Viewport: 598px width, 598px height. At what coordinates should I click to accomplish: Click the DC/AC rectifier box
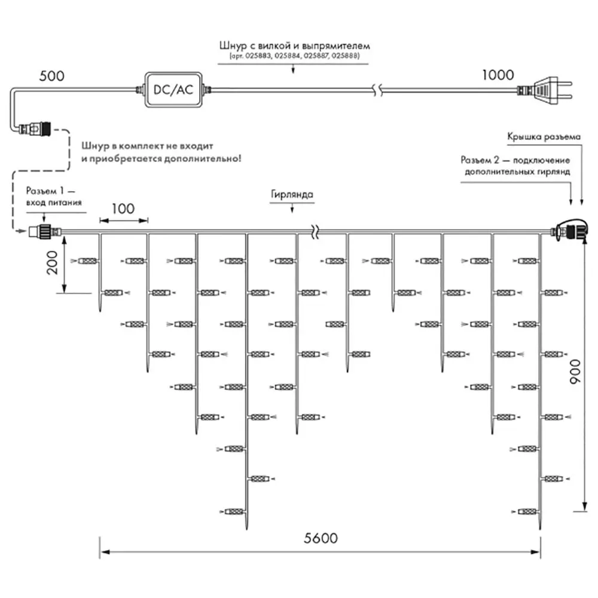click(173, 89)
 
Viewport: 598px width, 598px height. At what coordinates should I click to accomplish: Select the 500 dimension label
click(52, 75)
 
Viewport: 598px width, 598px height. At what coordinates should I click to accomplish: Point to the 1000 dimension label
click(498, 75)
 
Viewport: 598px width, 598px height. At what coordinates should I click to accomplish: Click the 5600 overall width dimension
click(321, 538)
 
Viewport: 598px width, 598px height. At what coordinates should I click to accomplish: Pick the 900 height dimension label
click(574, 371)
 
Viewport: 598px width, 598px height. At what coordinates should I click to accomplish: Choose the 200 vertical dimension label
click(52, 263)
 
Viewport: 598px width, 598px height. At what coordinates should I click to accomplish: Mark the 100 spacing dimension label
click(123, 209)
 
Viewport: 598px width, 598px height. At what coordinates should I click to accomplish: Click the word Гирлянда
click(292, 194)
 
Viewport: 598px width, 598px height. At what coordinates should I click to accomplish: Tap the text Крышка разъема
click(544, 136)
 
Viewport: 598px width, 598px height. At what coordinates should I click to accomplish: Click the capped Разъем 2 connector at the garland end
click(569, 230)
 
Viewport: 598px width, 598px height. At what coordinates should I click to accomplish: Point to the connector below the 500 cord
click(35, 129)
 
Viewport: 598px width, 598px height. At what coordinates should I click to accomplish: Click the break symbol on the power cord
click(377, 90)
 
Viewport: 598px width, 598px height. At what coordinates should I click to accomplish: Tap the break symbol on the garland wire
click(315, 231)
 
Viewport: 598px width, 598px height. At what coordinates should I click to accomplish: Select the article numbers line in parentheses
click(294, 56)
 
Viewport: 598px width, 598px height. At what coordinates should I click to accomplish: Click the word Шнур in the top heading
click(233, 46)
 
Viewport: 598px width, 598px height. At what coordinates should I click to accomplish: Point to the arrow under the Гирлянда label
click(292, 208)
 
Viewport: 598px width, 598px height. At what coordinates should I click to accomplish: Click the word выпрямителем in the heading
click(336, 46)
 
